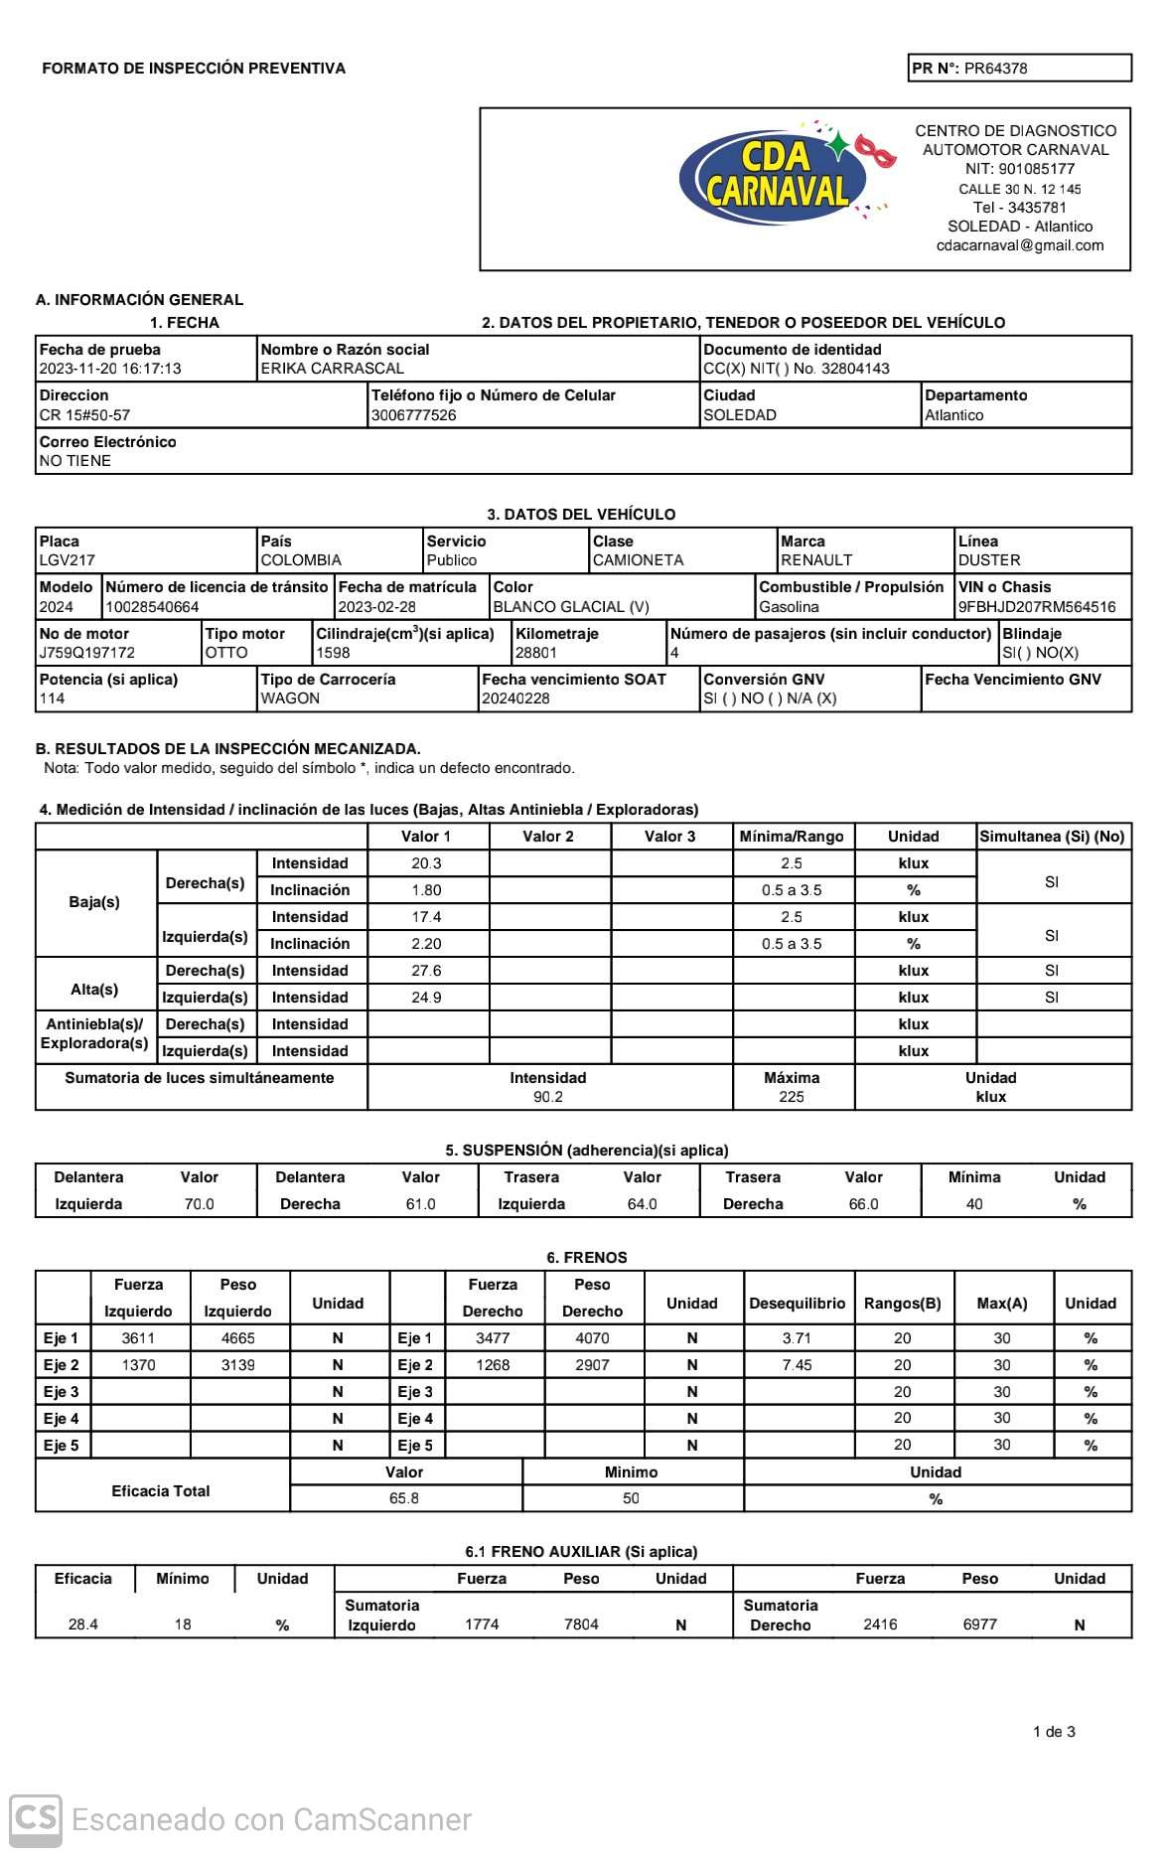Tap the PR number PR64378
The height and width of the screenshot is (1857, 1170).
[x=995, y=69]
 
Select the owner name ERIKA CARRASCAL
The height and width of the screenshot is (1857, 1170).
[x=332, y=369]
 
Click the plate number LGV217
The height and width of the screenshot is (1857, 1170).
[x=67, y=560]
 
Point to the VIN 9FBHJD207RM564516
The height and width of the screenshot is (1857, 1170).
[x=1037, y=607]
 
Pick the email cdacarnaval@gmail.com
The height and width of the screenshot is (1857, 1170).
[x=1019, y=245]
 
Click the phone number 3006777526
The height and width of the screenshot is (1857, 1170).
[x=413, y=415]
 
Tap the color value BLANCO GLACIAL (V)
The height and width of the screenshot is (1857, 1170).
[x=571, y=607]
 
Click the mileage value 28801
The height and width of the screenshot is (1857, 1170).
[x=536, y=653]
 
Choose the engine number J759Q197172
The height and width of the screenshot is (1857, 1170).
[x=86, y=653]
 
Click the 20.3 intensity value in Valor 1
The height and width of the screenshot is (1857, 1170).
[x=426, y=863]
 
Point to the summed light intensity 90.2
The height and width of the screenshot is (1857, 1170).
[x=548, y=1097]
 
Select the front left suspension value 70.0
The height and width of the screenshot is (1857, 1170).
[x=199, y=1204]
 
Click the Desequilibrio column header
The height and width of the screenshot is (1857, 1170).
[x=797, y=1303]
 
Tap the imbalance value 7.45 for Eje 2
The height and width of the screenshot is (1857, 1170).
[x=797, y=1365]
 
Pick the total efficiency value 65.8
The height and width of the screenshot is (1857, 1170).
[x=404, y=1498]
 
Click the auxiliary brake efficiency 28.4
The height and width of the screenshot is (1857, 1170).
[x=83, y=1625]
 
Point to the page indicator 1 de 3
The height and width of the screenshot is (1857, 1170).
[x=1054, y=1732]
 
